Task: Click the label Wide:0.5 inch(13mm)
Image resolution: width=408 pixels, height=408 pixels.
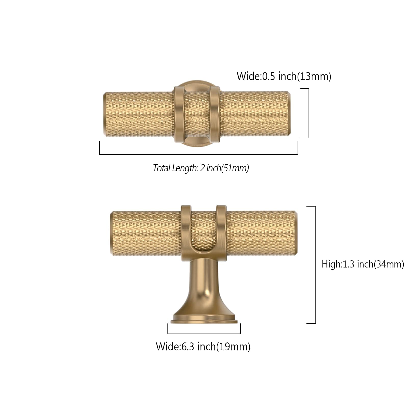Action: click(x=284, y=76)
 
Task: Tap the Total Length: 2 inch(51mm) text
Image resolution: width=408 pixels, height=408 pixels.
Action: click(x=201, y=168)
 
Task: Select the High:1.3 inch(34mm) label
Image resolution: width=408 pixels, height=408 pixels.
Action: click(x=363, y=264)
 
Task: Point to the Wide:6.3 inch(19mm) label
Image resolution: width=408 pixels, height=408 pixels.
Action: click(x=203, y=347)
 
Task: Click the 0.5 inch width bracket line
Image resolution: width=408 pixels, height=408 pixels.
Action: click(x=309, y=113)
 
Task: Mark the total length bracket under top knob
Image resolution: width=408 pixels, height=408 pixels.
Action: click(x=198, y=154)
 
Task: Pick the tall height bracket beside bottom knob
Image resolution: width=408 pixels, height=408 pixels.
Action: click(x=315, y=265)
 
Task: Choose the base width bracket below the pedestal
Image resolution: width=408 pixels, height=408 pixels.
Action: click(x=204, y=333)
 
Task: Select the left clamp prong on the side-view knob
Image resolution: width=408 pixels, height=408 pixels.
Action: click(x=186, y=229)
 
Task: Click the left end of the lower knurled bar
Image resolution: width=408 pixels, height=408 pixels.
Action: click(x=112, y=233)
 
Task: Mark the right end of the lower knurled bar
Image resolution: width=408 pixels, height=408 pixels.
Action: click(x=295, y=233)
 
